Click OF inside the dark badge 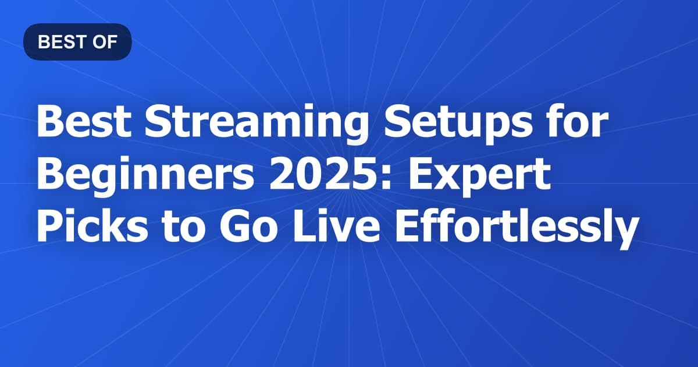[x=107, y=42]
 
